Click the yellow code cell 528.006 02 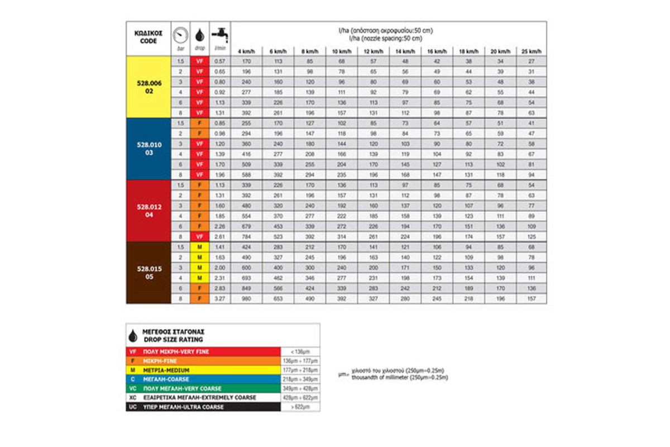pos(149,87)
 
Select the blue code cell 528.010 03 pos(149,149)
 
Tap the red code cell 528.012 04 pos(149,211)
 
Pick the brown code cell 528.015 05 pos(149,273)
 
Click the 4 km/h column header pos(246,52)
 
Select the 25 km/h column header pos(531,52)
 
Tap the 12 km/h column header pos(373,52)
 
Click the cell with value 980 pos(246,298)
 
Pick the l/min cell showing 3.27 pos(219,298)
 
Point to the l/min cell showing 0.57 pos(219,61)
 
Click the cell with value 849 pos(246,288)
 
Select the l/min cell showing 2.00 pos(219,268)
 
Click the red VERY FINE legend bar pos(203,351)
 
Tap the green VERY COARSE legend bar pos(203,388)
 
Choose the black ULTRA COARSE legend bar pos(203,407)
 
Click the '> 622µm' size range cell pos(300,407)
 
